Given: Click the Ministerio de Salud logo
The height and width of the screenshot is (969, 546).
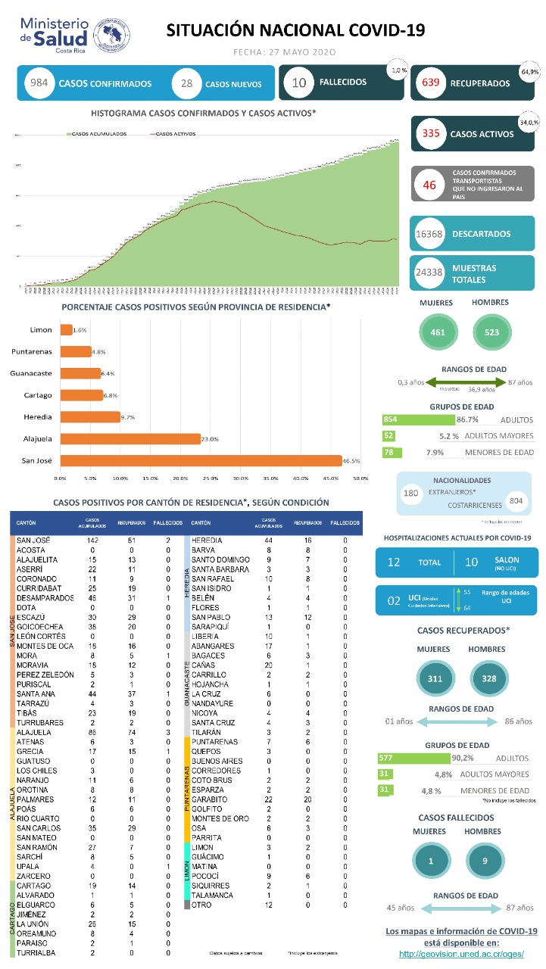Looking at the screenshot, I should point(73,34).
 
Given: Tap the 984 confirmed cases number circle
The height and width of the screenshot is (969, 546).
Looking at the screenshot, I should point(36,83).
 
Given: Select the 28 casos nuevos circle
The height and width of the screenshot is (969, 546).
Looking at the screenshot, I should point(186,83).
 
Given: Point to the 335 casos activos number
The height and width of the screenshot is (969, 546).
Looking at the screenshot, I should point(431,134).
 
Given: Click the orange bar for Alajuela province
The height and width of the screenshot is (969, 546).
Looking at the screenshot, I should point(130,438).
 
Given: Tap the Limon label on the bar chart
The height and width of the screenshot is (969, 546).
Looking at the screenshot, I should point(41,330).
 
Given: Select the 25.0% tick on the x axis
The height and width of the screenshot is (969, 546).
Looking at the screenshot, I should point(210,478).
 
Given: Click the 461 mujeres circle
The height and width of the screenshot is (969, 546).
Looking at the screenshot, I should point(438,331).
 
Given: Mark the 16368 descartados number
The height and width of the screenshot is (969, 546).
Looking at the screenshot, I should point(429,235).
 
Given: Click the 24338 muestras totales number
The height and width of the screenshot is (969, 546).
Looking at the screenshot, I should point(429,273).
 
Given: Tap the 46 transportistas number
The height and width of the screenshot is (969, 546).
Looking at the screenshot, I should point(429,185).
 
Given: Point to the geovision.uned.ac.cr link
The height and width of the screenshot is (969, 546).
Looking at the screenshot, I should point(461,953).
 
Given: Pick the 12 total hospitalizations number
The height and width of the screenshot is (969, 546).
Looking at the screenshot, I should point(394,562).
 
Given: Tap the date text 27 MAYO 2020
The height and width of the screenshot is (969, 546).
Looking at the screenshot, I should point(306,52).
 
